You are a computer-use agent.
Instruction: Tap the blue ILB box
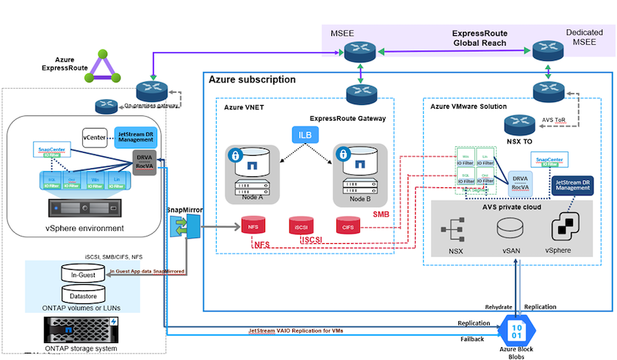303,136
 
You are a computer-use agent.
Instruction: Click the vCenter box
95,136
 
